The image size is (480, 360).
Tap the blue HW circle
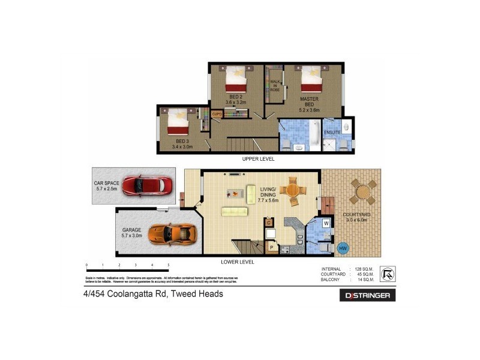click(343, 247)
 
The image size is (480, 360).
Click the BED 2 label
click(236, 97)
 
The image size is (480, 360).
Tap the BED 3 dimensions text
click(182, 146)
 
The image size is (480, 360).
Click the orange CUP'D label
click(217, 113)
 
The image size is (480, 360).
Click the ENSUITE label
click(332, 132)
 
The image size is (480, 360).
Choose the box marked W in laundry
click(326, 223)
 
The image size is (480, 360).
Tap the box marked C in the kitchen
click(269, 223)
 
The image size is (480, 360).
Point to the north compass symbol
click(388, 274)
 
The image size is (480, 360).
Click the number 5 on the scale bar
click(168, 265)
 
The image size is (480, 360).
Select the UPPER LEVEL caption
click(258, 159)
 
